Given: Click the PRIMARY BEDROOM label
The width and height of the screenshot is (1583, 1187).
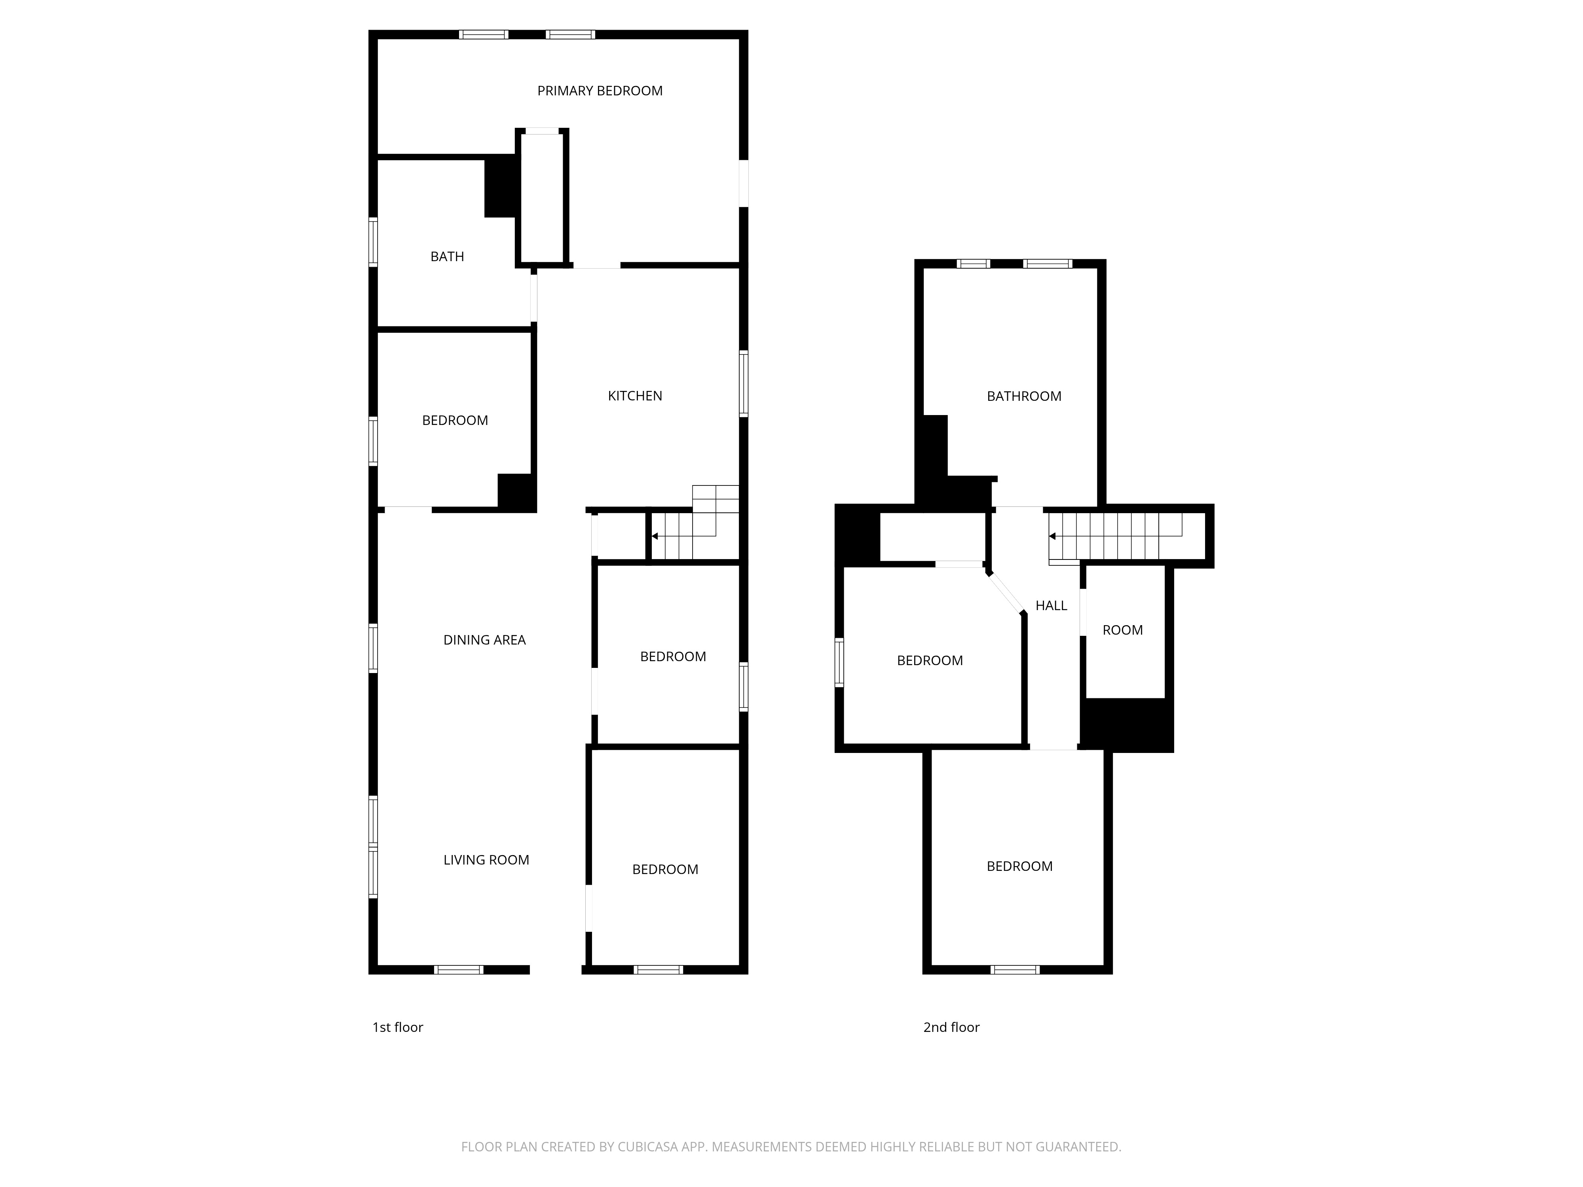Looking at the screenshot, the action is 600,91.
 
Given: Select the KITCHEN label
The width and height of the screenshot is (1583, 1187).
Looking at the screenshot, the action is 635,396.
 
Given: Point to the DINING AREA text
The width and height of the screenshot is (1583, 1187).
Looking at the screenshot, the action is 484,640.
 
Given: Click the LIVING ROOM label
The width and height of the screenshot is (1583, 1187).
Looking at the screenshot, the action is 486,860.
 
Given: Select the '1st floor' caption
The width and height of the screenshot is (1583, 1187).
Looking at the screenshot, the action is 398,1028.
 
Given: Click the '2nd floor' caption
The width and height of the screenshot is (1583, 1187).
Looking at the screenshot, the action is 951,1028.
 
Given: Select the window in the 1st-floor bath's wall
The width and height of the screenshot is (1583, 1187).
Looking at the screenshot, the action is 373,242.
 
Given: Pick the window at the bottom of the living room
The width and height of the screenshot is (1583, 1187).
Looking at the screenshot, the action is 459,970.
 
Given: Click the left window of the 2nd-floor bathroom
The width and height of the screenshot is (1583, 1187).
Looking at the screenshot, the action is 973,264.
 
